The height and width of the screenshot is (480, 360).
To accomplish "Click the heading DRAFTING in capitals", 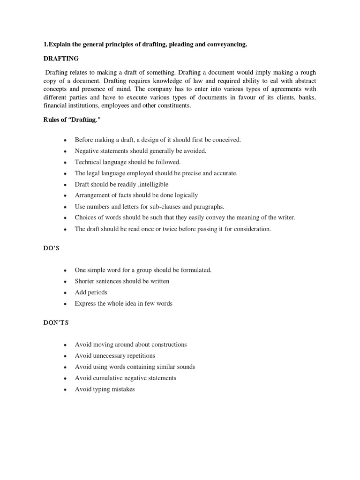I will point(61,59).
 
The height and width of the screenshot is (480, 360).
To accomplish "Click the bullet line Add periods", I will point(91,292).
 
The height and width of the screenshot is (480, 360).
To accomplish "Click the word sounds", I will point(183,367).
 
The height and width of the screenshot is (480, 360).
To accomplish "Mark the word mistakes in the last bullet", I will point(123,389).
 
